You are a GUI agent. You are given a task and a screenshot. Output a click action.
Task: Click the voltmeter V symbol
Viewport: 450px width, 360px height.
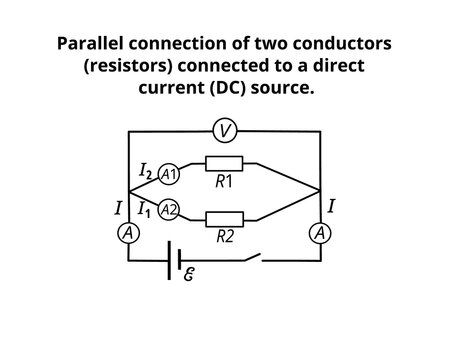tap(225, 131)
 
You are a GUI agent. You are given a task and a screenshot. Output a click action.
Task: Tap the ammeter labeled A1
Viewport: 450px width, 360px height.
tap(169, 173)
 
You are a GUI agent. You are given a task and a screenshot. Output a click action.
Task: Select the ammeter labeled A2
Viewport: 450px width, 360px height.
tap(169, 210)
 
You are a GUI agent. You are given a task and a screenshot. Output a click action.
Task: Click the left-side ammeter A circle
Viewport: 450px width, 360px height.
tap(129, 232)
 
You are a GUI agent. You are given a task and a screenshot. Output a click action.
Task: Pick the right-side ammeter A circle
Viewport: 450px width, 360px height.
tap(319, 232)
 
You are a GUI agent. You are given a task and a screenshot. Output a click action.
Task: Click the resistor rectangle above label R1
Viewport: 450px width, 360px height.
tap(224, 163)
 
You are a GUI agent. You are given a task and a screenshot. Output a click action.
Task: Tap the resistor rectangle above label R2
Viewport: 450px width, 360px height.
tap(224, 219)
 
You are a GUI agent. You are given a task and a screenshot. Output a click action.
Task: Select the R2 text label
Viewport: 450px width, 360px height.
tap(226, 238)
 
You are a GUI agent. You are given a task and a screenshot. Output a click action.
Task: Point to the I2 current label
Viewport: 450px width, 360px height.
tap(146, 173)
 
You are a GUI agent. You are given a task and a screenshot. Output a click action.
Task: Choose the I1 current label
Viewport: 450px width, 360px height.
tap(146, 210)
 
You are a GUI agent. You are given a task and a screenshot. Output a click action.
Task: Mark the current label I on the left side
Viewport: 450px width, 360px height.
tap(119, 209)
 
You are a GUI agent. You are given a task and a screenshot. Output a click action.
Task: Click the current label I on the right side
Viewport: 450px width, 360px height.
tap(331, 205)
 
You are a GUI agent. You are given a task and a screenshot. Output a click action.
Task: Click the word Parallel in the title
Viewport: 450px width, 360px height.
tap(93, 45)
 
